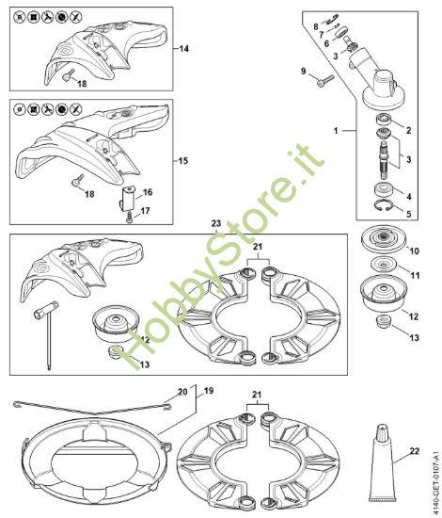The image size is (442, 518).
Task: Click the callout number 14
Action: coord(184,49)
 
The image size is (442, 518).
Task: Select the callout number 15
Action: coord(183,161)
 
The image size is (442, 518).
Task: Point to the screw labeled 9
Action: coord(325,81)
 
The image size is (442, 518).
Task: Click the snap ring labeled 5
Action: coord(383,205)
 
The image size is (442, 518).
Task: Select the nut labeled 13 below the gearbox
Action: coord(384,321)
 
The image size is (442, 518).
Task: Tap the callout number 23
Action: coord(216,223)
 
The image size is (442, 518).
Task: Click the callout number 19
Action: coord(209,391)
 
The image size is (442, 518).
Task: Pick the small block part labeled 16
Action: coord(127,198)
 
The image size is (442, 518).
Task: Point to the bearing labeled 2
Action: coord(384,119)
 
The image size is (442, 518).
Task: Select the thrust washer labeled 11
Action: coord(383,265)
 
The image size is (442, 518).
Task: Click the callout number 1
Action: coord(336,131)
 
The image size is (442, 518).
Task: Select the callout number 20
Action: coord(182,392)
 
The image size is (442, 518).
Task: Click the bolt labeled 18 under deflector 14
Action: coord(68,75)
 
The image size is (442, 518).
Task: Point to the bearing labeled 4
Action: coord(384,189)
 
